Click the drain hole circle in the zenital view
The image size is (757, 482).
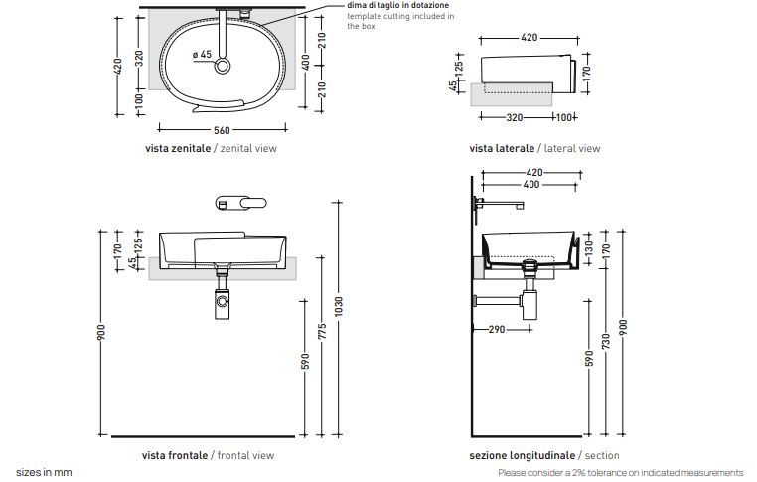(224, 66)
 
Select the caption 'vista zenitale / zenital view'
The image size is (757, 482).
(211, 148)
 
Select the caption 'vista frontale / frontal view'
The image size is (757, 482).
(209, 455)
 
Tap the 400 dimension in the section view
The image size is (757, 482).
(530, 185)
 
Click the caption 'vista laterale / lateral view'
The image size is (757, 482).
(534, 148)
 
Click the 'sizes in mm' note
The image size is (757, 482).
(44, 473)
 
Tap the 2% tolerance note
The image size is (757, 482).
(621, 473)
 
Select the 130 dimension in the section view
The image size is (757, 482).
(589, 246)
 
